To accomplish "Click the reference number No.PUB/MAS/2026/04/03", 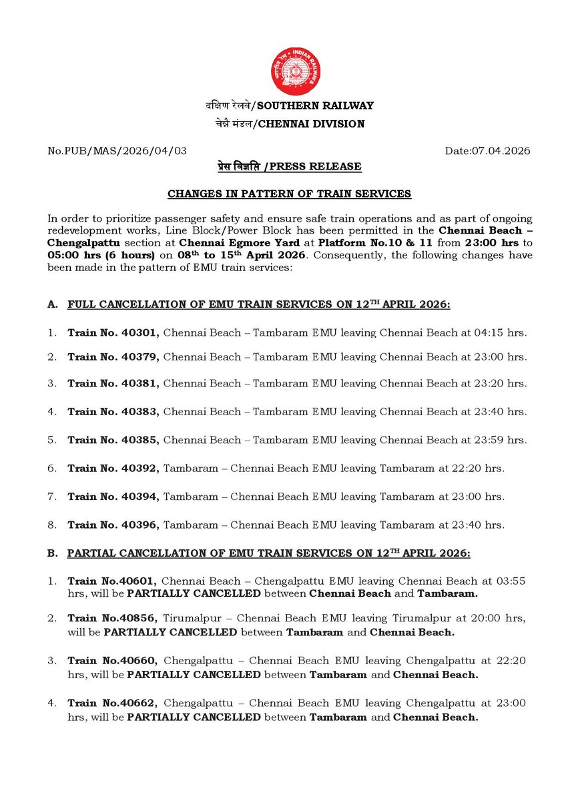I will (x=117, y=151).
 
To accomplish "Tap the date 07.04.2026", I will (x=487, y=151).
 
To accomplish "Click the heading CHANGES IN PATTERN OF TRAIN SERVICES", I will (x=289, y=194).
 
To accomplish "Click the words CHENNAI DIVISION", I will (x=311, y=123).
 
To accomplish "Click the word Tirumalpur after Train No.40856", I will (x=191, y=619).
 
